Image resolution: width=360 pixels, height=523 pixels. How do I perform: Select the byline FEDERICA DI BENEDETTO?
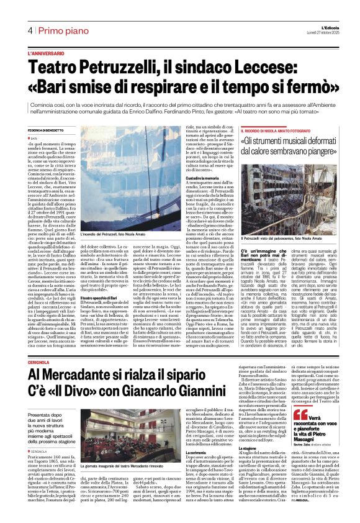(50, 130)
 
